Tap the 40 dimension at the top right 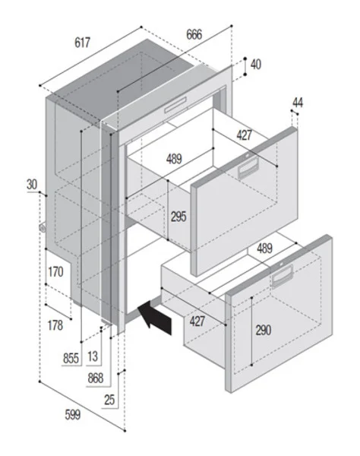point(255,65)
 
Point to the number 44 point(297,103)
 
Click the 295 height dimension point(178,217)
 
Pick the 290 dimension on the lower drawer point(263,331)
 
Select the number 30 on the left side point(31,184)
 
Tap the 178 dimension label point(55,326)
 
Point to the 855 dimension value point(71,357)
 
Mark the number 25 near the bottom point(110,399)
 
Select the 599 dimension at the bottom point(71,415)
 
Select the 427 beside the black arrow point(197,321)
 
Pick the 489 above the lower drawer point(265,249)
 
